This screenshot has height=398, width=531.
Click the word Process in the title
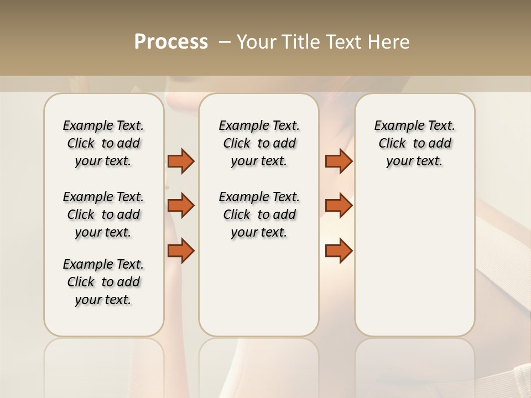171,42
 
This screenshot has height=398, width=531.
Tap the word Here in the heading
390,42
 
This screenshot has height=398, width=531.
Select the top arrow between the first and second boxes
181,161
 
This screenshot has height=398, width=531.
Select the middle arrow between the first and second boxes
181,206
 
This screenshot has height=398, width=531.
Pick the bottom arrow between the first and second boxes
181,250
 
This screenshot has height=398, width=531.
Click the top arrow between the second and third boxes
339,161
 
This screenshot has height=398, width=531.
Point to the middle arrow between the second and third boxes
339,206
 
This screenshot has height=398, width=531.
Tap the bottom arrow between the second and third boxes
339,250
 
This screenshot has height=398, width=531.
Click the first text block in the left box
103,143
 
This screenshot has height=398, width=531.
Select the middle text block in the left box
103,214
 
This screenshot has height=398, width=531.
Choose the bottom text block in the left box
103,282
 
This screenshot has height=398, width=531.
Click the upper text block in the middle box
259,143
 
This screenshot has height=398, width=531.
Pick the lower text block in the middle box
259,214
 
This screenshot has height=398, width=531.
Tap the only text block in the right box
414,143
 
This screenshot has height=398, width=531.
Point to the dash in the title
224,42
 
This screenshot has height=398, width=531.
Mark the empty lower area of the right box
414,260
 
